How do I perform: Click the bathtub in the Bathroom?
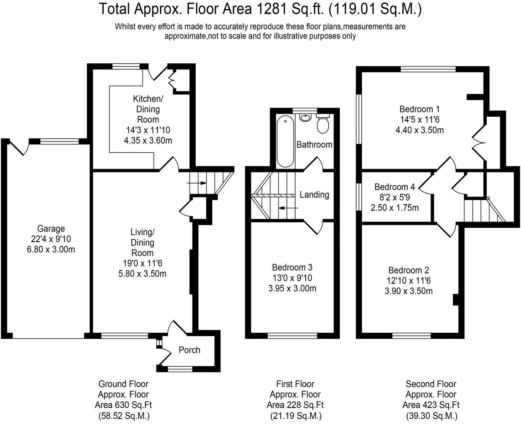coord(285,141)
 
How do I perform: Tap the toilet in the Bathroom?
coord(322,125)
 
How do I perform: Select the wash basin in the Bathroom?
coord(305,118)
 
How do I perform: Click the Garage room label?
coord(51,229)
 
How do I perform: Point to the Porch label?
coord(189,350)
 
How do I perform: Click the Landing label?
coord(314,195)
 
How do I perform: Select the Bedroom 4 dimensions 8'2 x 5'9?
coord(395,197)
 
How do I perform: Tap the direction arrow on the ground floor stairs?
coord(197,183)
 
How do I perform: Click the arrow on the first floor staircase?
coord(288,208)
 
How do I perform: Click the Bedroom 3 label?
coord(292,268)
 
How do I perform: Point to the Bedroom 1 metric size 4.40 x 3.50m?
coord(419,130)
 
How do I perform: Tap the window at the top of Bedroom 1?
coord(428,69)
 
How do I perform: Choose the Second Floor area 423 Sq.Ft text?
coord(431,405)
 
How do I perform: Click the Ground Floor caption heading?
coord(123,384)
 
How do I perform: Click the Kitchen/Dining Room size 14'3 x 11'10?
coord(148,130)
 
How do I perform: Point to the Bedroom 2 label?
coord(408,270)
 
